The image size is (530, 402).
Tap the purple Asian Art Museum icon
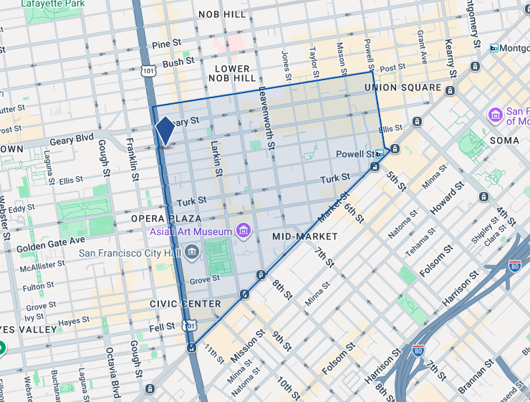pyautogui.click(x=244, y=231)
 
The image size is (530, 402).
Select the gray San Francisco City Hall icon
pyautogui.click(x=191, y=252)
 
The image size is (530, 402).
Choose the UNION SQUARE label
pyautogui.click(x=402, y=87)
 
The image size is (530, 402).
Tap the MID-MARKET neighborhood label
pyautogui.click(x=304, y=236)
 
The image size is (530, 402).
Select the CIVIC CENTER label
pyautogui.click(x=185, y=304)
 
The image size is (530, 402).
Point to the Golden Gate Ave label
pyautogui.click(x=51, y=240)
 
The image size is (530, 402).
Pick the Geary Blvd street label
pyautogui.click(x=72, y=140)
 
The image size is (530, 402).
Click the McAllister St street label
pyautogui.click(x=42, y=264)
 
